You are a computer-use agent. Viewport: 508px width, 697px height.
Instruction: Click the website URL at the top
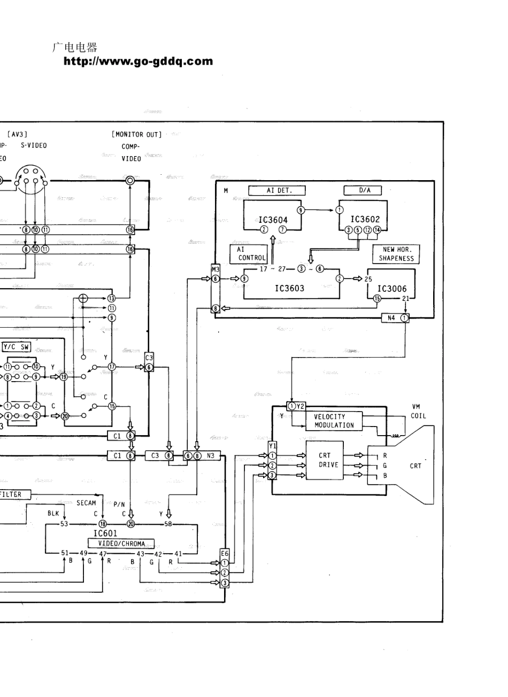point(138,61)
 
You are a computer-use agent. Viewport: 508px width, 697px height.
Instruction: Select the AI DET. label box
point(277,190)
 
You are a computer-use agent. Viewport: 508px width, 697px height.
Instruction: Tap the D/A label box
point(366,190)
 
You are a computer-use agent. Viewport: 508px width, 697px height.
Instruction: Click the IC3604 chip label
point(273,220)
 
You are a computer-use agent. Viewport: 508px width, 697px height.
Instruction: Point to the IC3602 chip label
point(365,219)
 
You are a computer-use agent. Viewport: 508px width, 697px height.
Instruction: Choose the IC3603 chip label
point(289,288)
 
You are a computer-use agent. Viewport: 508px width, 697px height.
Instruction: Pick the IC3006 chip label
point(392,289)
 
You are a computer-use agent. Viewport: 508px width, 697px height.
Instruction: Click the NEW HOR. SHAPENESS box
point(396,254)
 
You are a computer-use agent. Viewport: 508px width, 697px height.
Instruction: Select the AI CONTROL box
point(248,253)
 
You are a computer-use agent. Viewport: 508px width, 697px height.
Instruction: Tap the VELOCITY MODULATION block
point(334,421)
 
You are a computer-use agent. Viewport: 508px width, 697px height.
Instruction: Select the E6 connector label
point(225,554)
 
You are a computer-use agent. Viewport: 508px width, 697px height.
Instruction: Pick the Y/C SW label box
point(17,347)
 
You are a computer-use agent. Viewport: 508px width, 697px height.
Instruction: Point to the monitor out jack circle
point(130,181)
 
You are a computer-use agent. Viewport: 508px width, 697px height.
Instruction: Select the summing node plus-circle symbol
point(83,298)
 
